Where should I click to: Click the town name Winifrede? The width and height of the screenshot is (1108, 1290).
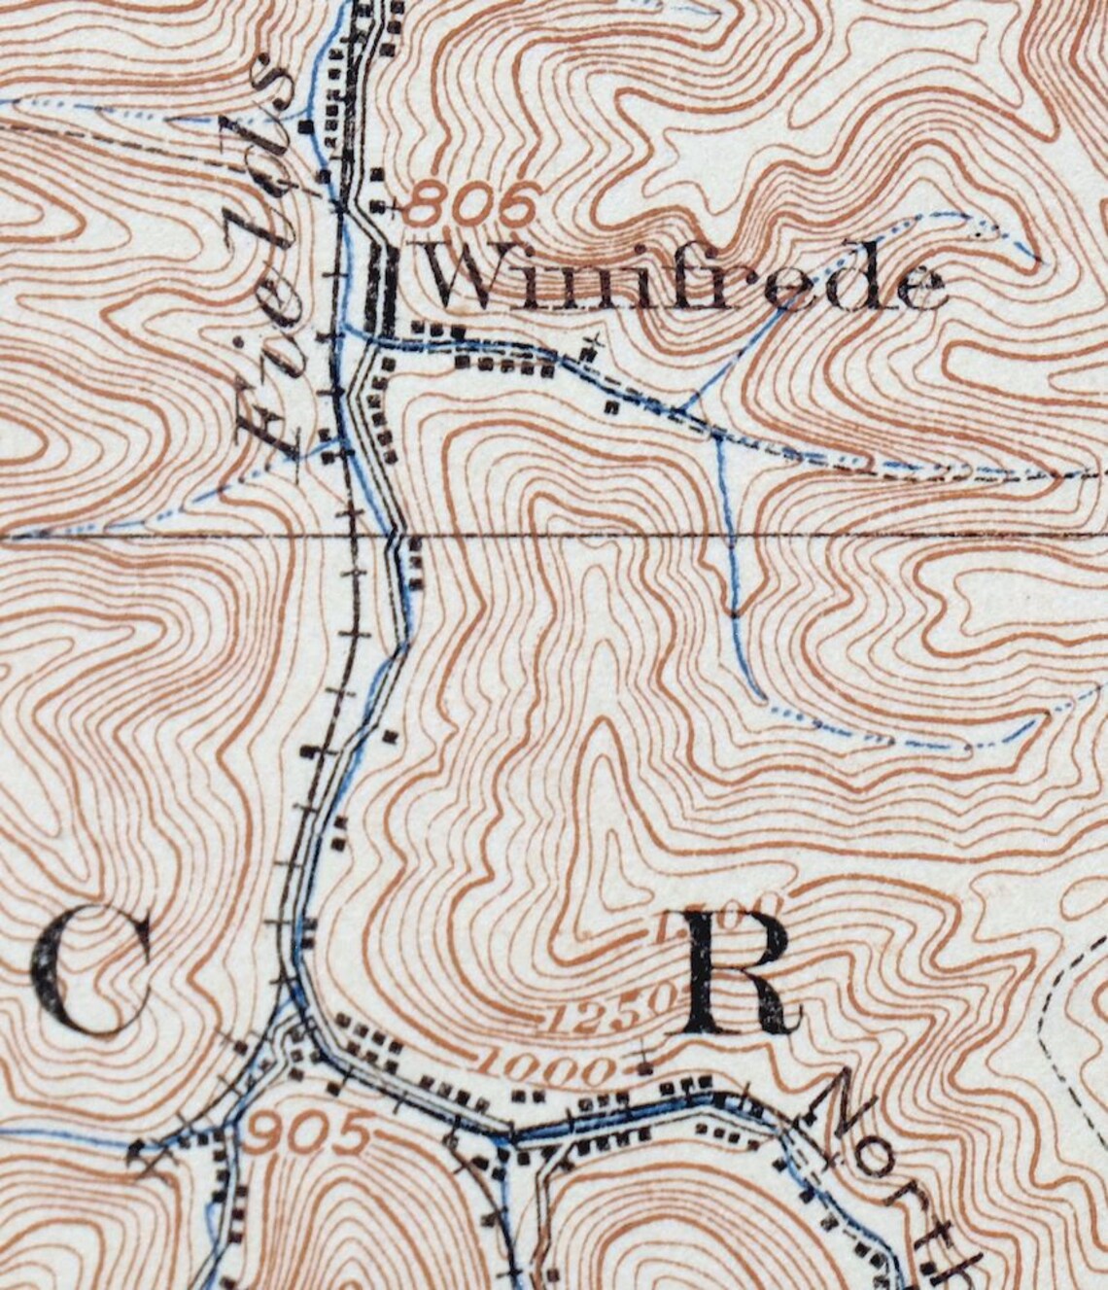[x=685, y=278]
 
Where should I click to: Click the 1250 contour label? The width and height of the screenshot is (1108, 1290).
[x=607, y=1013]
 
